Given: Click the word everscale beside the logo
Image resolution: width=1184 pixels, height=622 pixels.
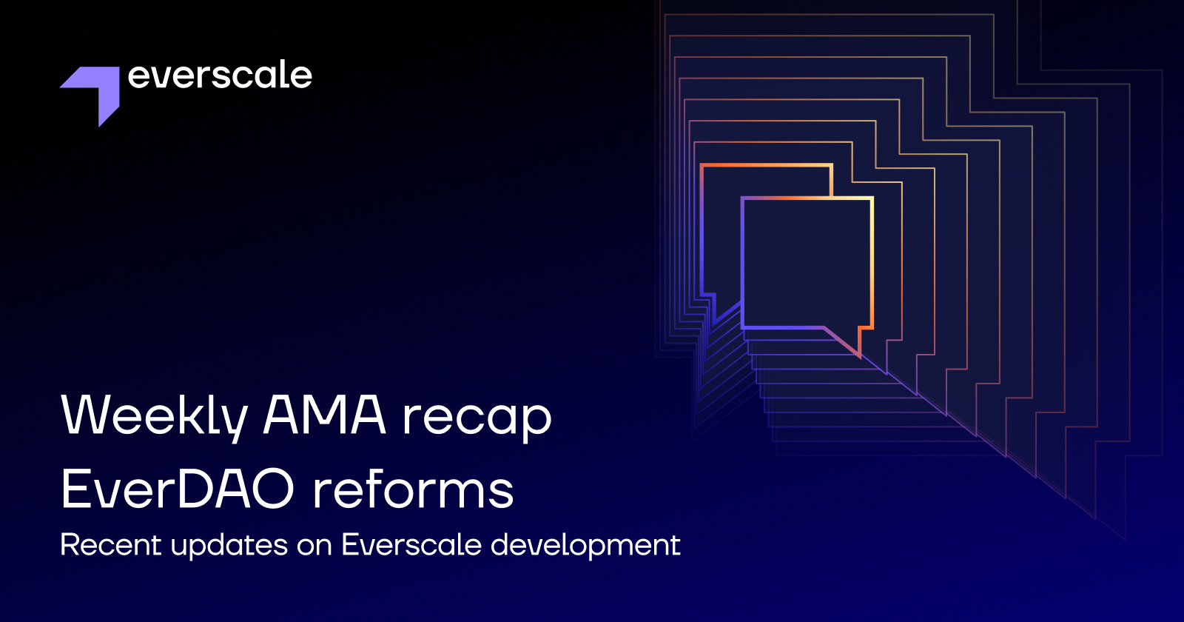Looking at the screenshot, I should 220,76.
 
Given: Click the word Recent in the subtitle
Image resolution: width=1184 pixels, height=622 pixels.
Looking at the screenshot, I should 111,545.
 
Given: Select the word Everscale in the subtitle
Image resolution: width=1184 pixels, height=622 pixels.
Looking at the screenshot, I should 411,545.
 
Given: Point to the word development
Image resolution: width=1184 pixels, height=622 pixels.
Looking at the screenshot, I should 585,546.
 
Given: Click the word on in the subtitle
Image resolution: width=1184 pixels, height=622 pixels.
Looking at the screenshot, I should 314,546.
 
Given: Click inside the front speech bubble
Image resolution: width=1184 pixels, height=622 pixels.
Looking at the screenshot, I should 807,263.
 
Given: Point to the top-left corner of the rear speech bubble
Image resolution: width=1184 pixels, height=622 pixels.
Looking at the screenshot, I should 702,166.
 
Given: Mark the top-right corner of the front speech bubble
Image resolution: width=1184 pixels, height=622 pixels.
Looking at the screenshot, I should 872,198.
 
